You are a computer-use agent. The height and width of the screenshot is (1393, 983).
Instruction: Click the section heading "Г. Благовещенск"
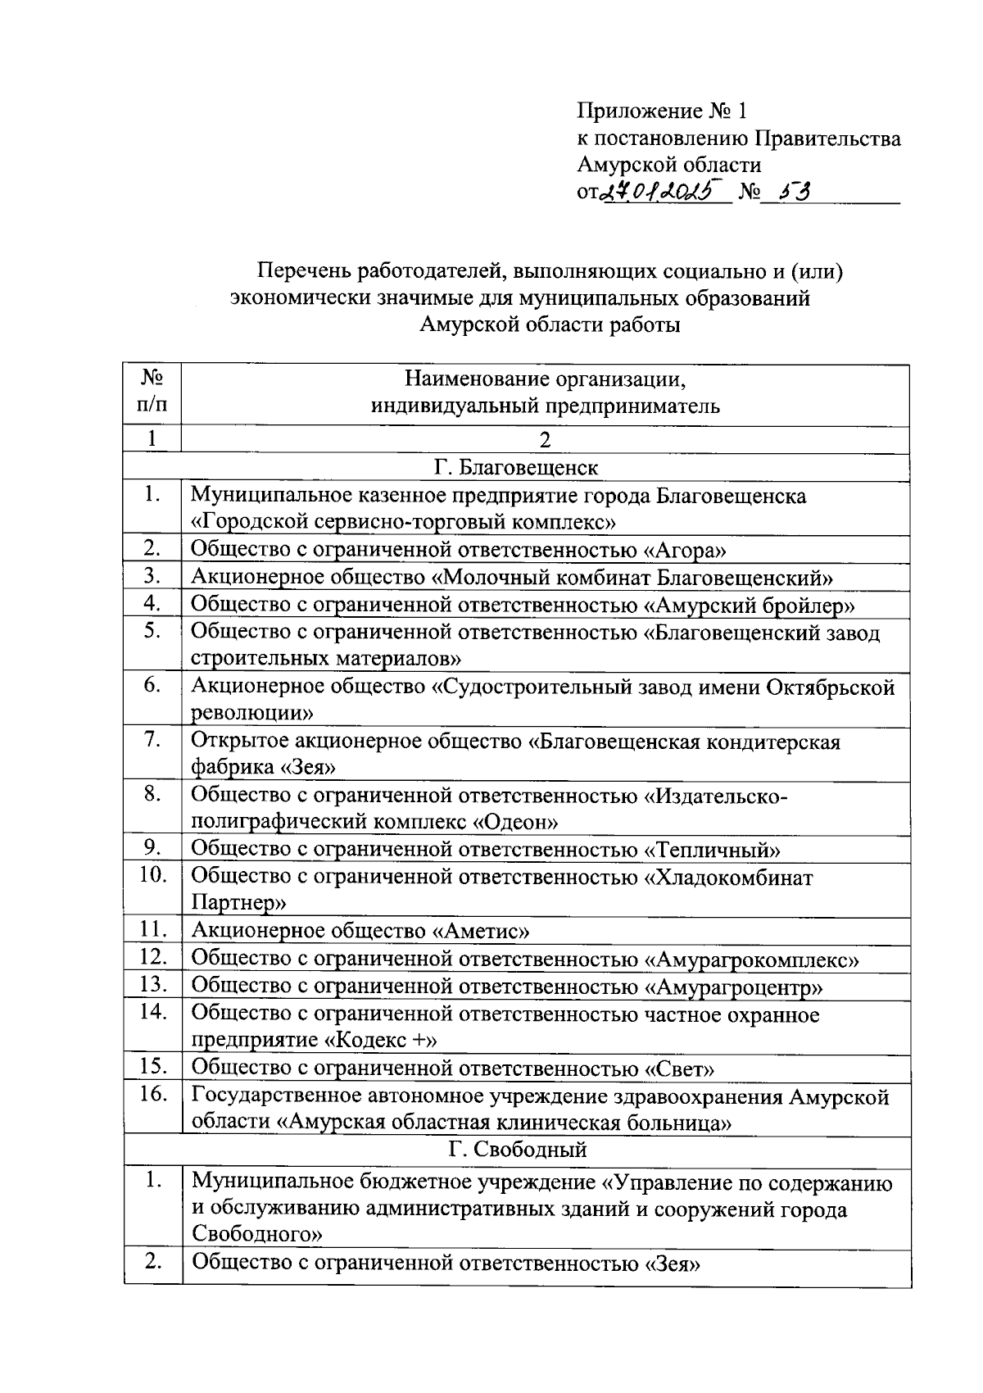pyautogui.click(x=516, y=468)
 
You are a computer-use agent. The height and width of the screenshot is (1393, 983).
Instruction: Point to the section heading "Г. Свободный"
pyautogui.click(x=518, y=1150)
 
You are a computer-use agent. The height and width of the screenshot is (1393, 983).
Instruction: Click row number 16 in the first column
pyautogui.click(x=153, y=1095)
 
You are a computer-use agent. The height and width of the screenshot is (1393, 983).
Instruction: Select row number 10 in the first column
pyautogui.click(x=153, y=875)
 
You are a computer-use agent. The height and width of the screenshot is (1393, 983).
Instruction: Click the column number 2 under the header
pyautogui.click(x=545, y=440)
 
